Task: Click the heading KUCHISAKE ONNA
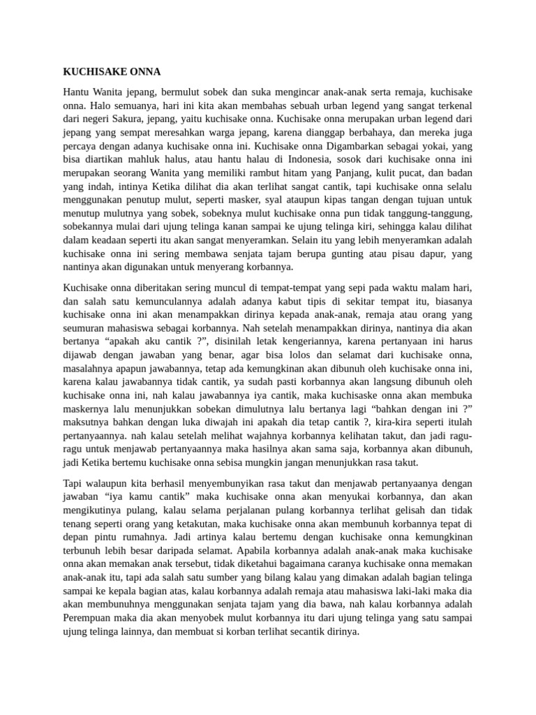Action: tap(112, 71)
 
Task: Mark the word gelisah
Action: tap(412, 509)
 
